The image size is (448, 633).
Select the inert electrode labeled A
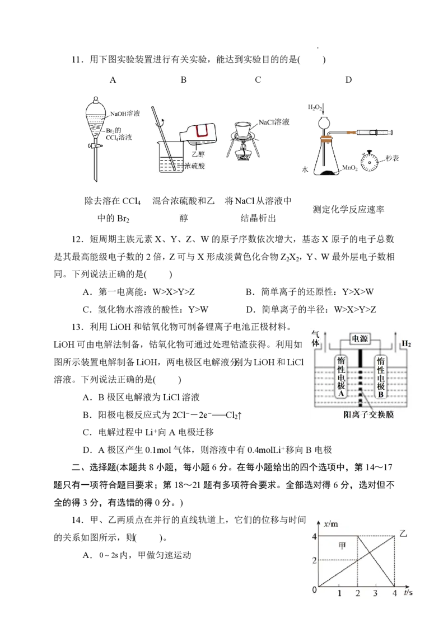click(341, 377)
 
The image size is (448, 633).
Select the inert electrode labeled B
click(381, 377)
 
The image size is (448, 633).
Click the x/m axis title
click(332, 524)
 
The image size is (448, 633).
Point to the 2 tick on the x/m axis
click(314, 560)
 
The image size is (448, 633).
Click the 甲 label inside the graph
click(342, 546)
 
